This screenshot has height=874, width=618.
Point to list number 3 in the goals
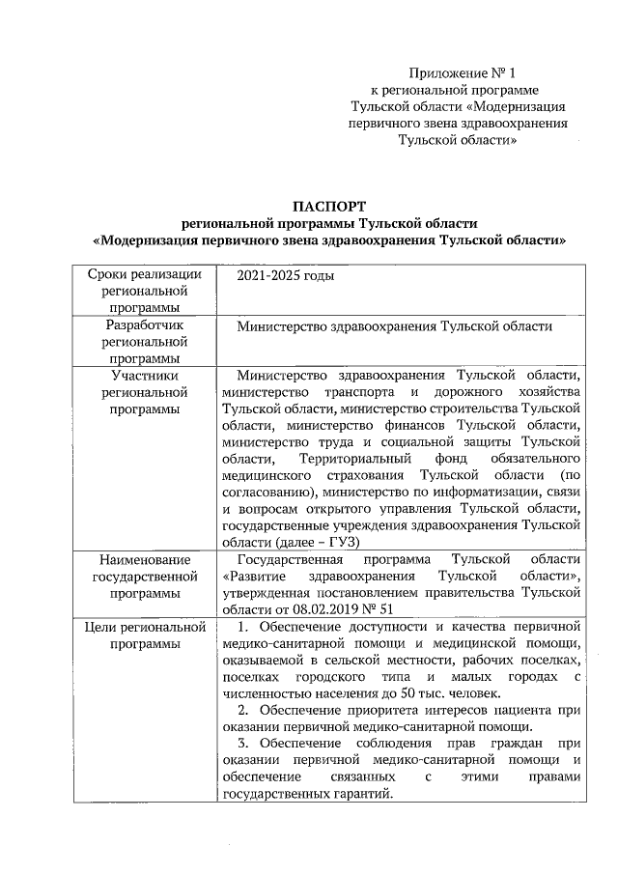click(242, 744)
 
